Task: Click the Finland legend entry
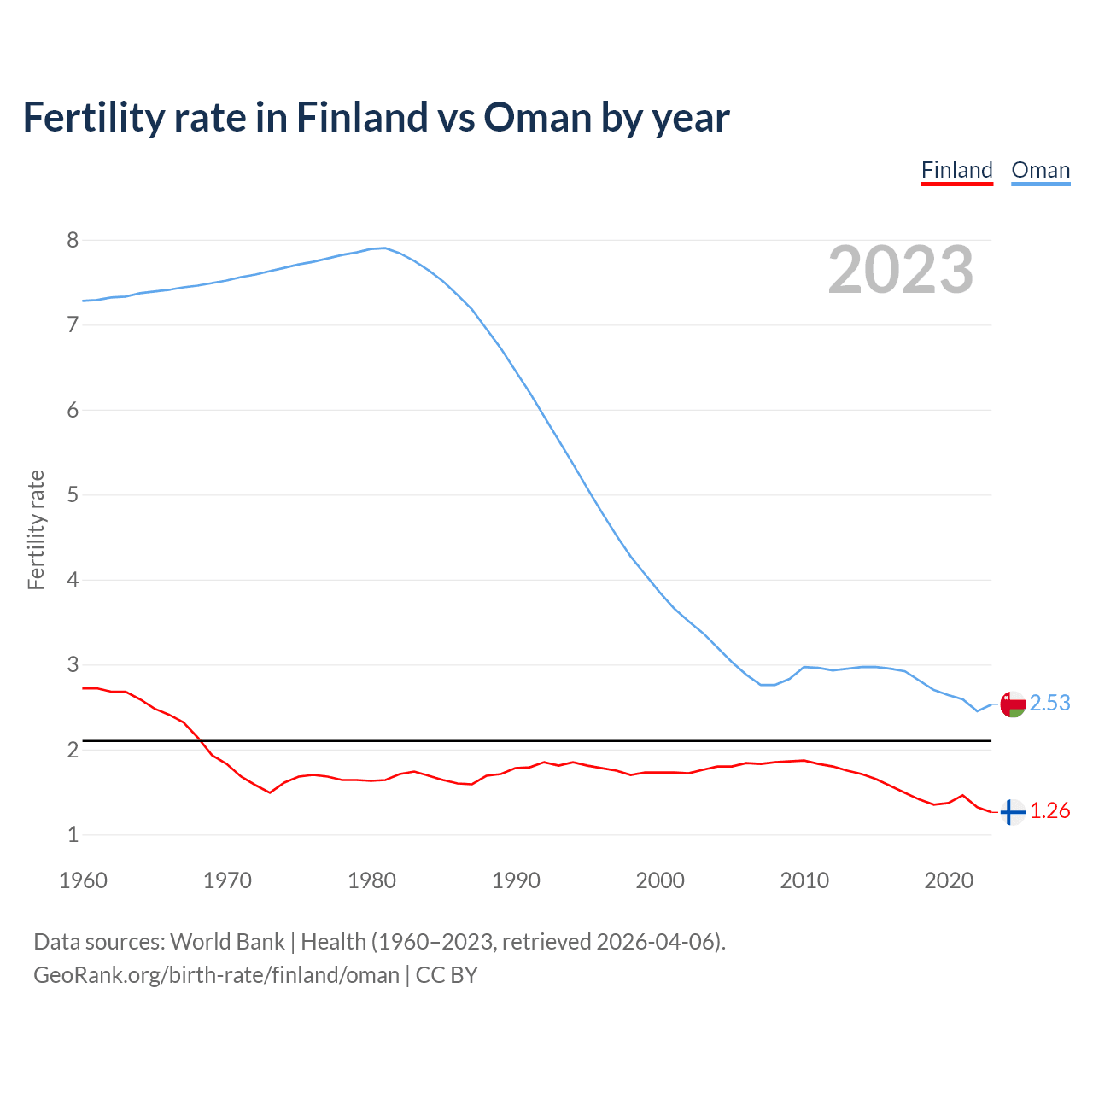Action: coord(956,170)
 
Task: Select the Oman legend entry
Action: coord(1040,170)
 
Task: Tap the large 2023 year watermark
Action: coord(900,270)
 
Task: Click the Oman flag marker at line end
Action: coord(1012,704)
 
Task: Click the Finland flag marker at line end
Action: coord(1012,812)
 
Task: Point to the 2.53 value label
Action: coord(1049,703)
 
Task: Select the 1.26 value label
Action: coord(1049,810)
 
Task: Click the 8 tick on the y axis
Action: coord(73,240)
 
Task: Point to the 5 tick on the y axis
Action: coord(73,494)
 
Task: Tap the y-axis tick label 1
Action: coord(73,834)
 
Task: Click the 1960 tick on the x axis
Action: coord(83,880)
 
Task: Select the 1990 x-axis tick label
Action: coord(516,880)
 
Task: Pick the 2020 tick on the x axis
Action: coord(949,880)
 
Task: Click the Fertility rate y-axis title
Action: coord(36,529)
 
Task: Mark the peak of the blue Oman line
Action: coord(384,248)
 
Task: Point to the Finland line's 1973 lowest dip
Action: coord(270,792)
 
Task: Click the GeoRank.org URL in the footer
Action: coord(216,975)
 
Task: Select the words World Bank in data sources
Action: coord(227,942)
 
